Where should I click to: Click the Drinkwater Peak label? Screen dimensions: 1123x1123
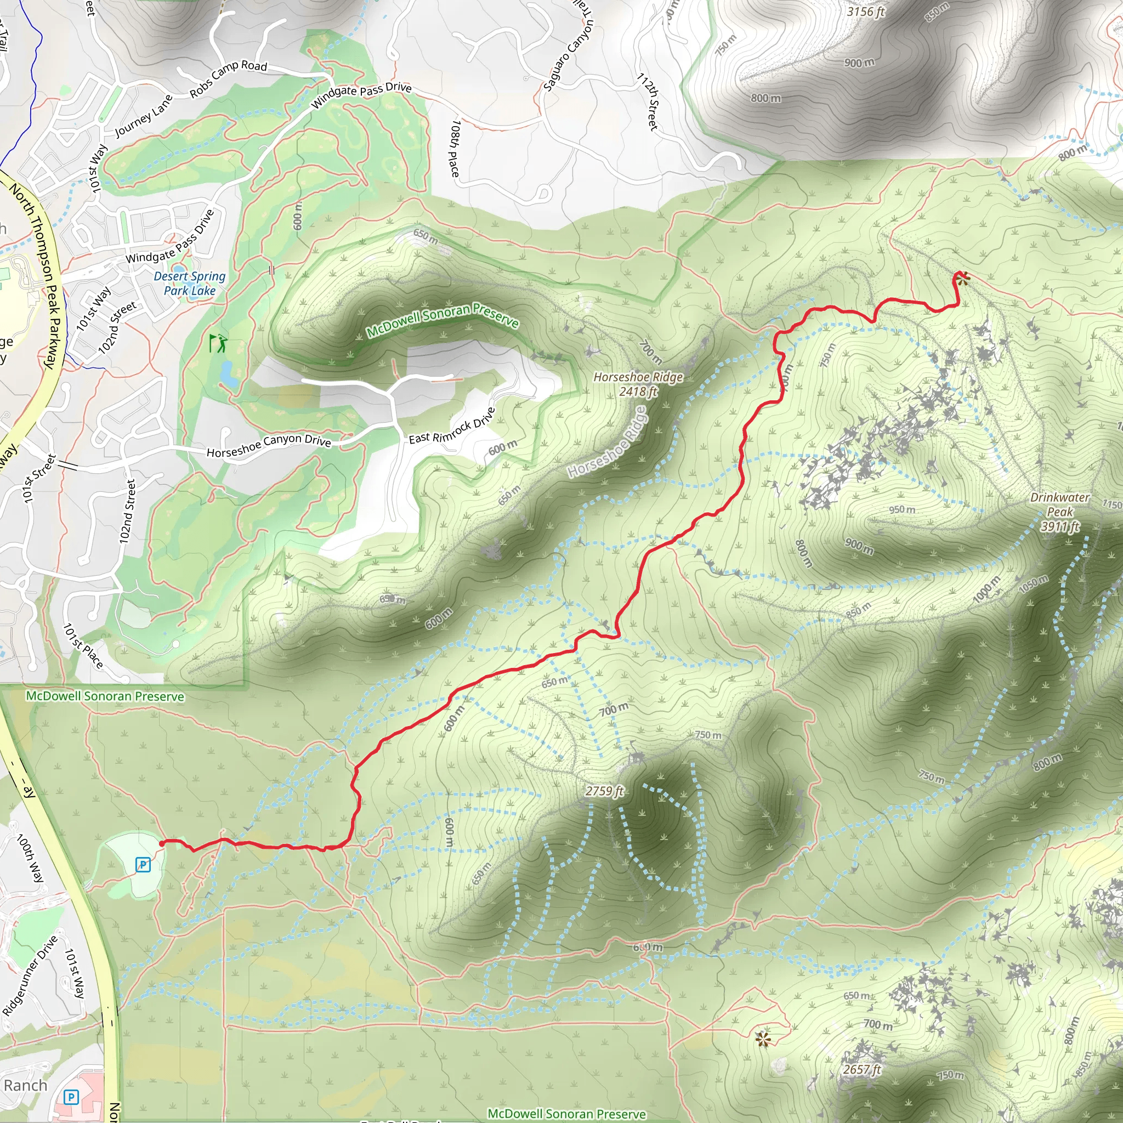pyautogui.click(x=1059, y=512)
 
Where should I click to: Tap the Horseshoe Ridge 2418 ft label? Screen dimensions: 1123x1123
pyautogui.click(x=638, y=384)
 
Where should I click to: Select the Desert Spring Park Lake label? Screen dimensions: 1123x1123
pyautogui.click(x=190, y=283)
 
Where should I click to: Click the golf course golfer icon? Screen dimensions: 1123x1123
pyautogui.click(x=218, y=343)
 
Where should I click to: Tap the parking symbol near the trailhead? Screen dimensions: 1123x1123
pyautogui.click(x=143, y=865)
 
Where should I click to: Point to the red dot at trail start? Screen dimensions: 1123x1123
pyautogui.click(x=162, y=843)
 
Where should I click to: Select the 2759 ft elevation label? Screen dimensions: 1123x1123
pyautogui.click(x=604, y=791)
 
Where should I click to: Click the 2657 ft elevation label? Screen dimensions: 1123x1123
pyautogui.click(x=862, y=1069)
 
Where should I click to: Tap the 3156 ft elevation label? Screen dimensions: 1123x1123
pyautogui.click(x=865, y=12)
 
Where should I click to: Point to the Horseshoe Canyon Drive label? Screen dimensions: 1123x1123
pyautogui.click(x=269, y=446)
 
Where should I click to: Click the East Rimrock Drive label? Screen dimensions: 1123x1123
pyautogui.click(x=452, y=426)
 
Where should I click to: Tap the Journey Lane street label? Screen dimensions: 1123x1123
pyautogui.click(x=144, y=116)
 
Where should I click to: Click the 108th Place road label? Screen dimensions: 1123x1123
pyautogui.click(x=456, y=148)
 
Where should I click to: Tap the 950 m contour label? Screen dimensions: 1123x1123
pyautogui.click(x=901, y=510)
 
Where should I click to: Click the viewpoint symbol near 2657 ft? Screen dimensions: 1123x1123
pyautogui.click(x=763, y=1039)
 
